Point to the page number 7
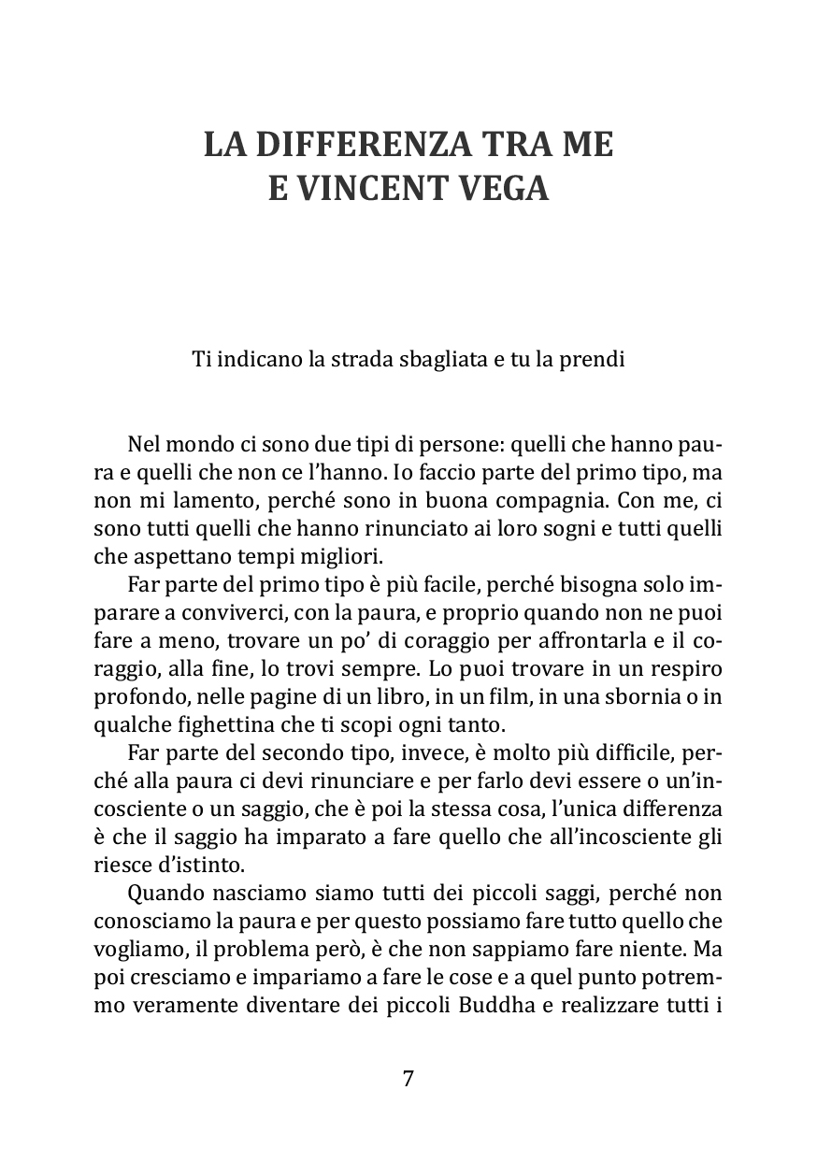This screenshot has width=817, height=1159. pyautogui.click(x=408, y=1078)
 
